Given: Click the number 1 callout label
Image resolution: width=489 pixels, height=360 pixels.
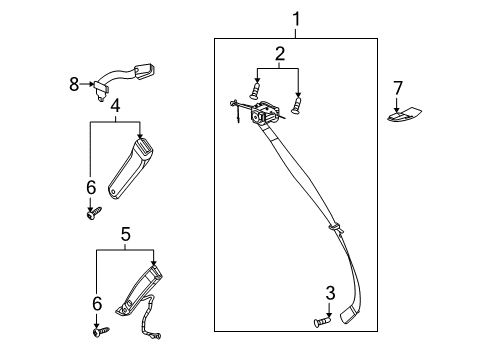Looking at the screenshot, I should pyautogui.click(x=295, y=17).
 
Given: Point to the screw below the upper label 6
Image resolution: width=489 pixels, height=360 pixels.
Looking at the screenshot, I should pyautogui.click(x=94, y=211).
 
